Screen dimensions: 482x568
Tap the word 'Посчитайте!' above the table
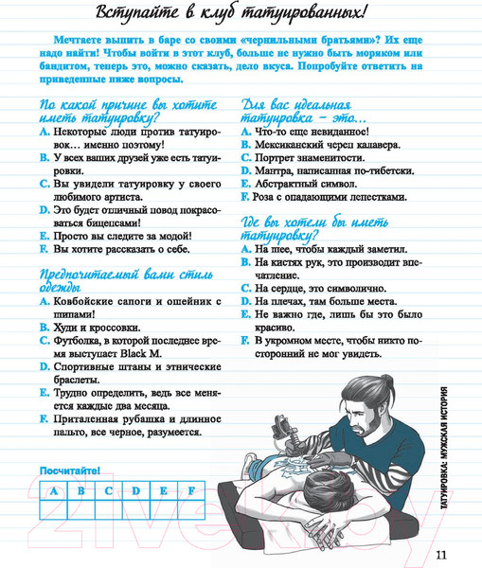coord(70,470)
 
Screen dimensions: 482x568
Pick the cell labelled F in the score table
coord(191,490)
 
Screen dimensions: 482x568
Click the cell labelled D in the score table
coord(136,490)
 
